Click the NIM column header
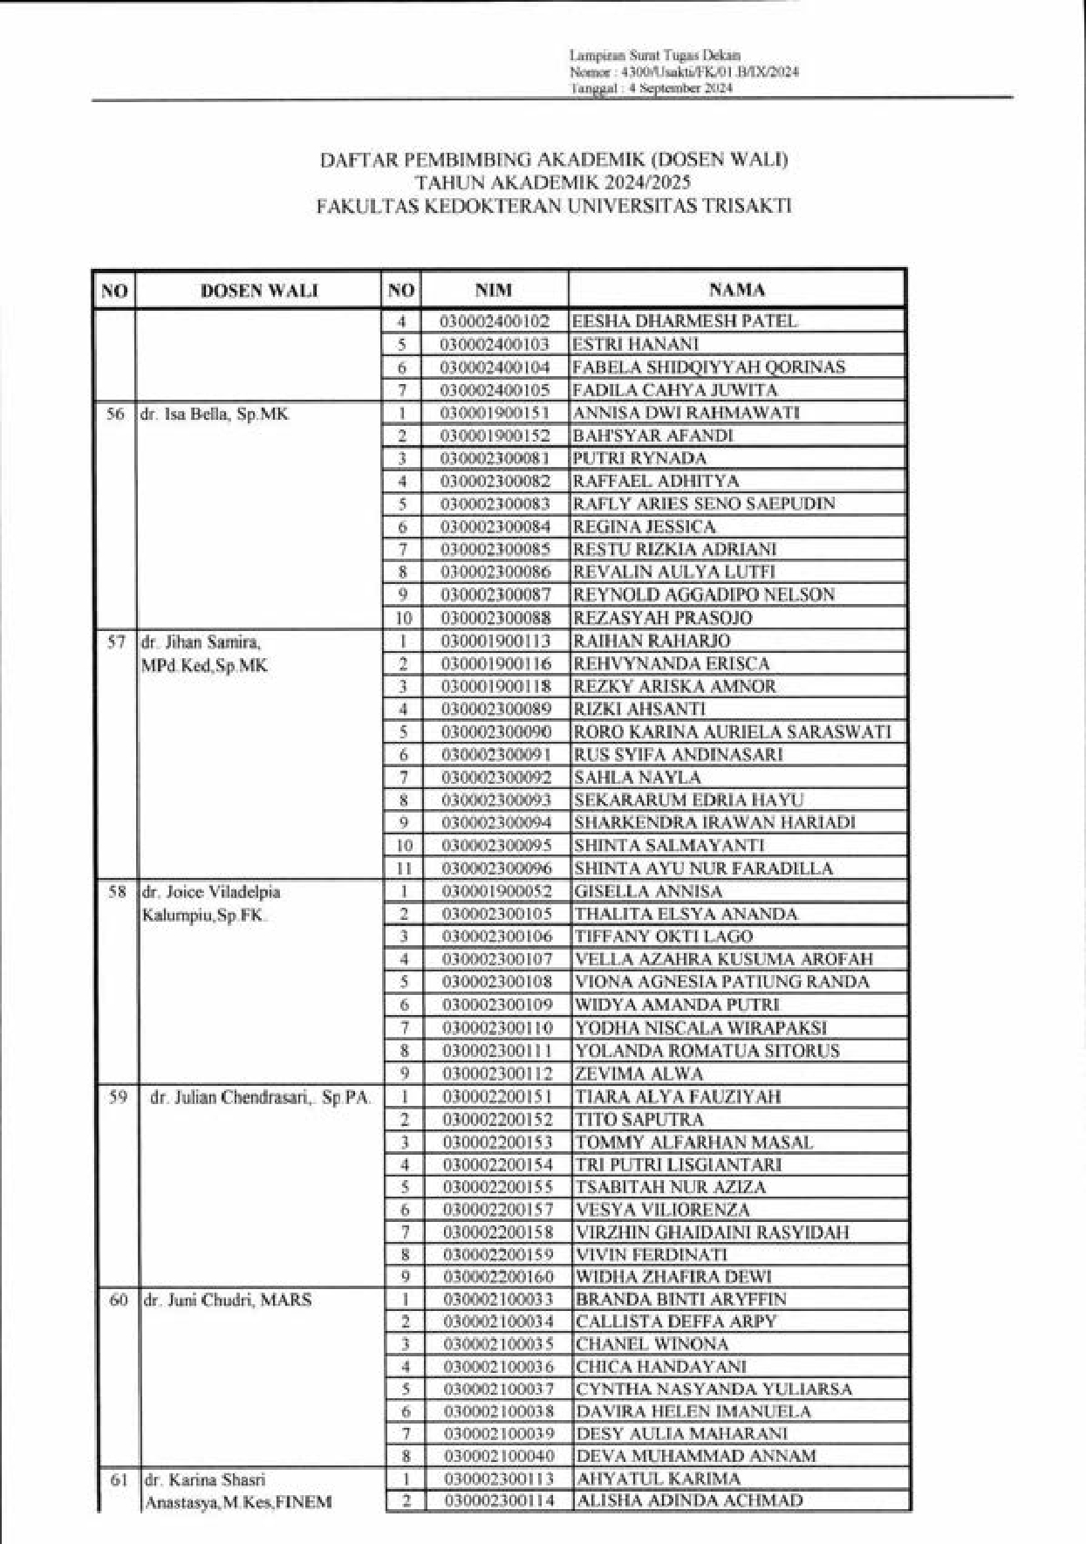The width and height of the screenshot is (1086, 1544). (494, 291)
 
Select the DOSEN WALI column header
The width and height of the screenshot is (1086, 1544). (259, 291)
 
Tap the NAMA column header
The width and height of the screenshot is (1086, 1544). (736, 290)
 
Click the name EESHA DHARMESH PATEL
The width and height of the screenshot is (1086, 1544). (684, 321)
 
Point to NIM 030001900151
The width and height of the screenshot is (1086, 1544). (495, 413)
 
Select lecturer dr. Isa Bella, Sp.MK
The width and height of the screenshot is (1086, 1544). (215, 415)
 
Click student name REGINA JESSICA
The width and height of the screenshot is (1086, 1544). (644, 526)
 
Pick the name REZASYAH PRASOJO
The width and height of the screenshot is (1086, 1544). (662, 618)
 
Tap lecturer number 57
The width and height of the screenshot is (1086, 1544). (116, 642)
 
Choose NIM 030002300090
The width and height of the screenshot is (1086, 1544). (496, 732)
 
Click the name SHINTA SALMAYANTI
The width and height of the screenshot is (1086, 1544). (669, 845)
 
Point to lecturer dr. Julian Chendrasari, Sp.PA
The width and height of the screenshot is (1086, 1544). (260, 1097)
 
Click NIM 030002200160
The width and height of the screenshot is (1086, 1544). (498, 1277)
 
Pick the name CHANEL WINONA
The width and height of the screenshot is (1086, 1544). (652, 1344)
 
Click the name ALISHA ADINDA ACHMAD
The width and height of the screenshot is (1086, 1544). (689, 1500)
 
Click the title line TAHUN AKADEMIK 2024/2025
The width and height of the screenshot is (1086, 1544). (553, 182)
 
